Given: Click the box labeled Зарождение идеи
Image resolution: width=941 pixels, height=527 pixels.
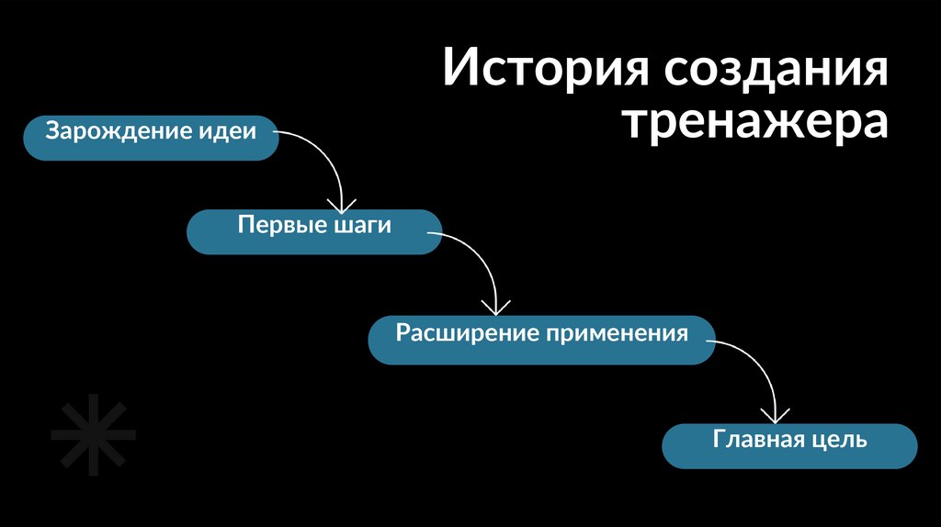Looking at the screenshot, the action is [150, 138].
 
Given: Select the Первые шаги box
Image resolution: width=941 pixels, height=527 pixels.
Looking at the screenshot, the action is [314, 231].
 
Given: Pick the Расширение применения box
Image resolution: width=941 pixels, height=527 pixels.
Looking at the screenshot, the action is [541, 339].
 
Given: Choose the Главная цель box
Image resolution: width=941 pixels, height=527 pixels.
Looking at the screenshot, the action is [789, 445].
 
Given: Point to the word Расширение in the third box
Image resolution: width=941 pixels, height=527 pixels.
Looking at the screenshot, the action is [467, 332].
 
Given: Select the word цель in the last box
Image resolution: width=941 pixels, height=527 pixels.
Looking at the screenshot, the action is [838, 440].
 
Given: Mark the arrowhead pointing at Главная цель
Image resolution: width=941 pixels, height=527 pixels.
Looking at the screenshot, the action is [777, 416].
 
